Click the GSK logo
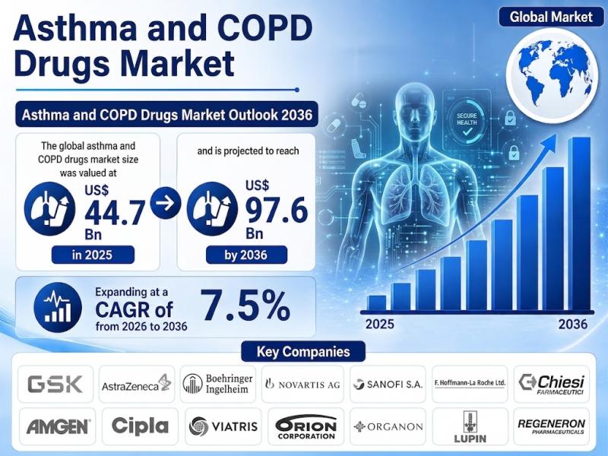(x=55, y=384)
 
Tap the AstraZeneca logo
(x=137, y=384)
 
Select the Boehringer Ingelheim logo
(x=218, y=384)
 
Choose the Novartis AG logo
(x=302, y=385)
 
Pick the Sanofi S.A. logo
(x=388, y=385)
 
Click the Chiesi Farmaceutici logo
(x=552, y=384)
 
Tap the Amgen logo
(x=58, y=427)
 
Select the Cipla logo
(x=140, y=426)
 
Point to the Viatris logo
(x=223, y=426)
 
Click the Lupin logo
(x=470, y=427)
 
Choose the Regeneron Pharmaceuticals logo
(x=552, y=426)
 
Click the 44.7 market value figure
(x=116, y=213)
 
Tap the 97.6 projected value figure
(x=277, y=210)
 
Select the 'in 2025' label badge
(x=93, y=255)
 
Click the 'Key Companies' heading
(x=303, y=351)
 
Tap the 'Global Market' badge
(x=551, y=17)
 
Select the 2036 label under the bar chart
(x=573, y=325)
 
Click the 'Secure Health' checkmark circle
(x=467, y=122)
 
